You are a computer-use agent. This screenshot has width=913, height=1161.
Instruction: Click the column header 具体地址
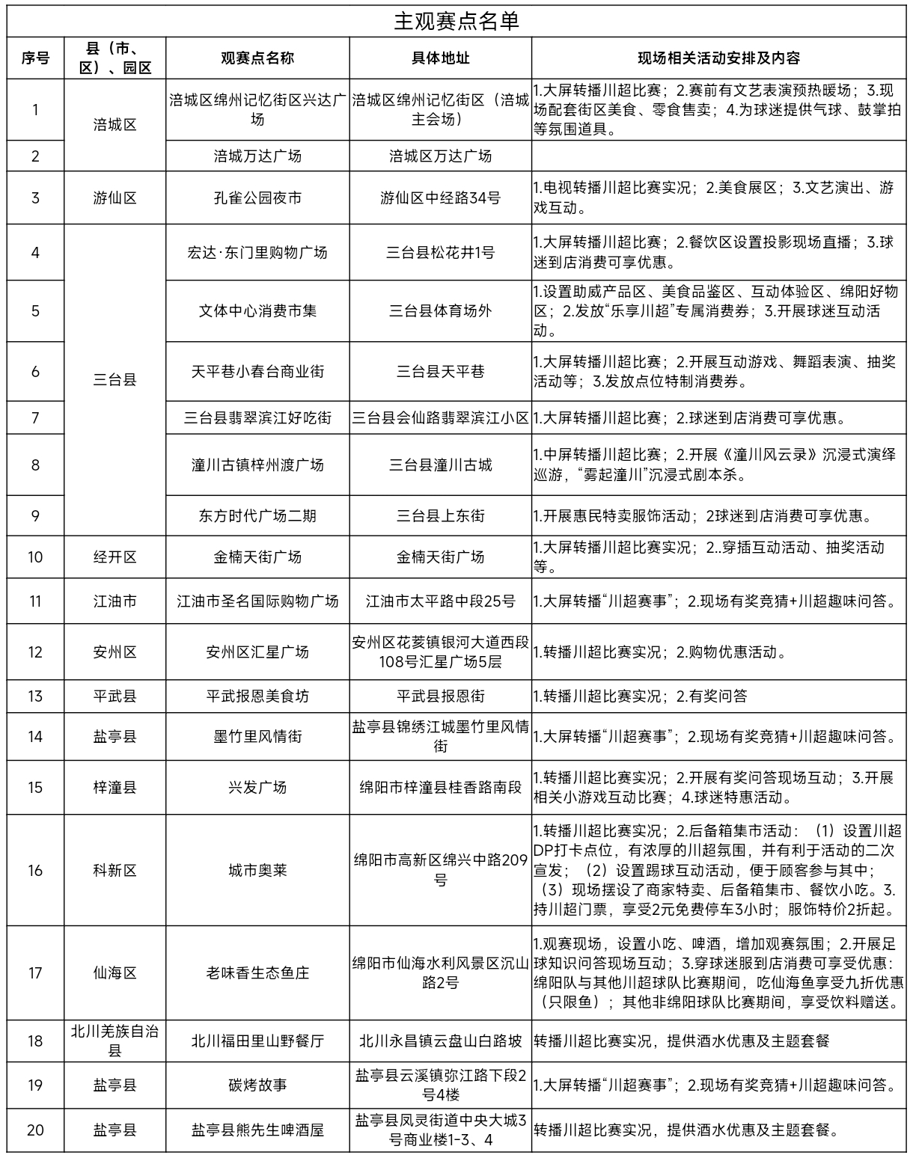click(x=440, y=58)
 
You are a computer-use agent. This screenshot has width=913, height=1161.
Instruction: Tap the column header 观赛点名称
click(x=257, y=58)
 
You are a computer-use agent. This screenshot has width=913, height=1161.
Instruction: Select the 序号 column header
click(x=35, y=58)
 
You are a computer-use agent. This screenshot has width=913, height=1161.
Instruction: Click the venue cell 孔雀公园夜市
click(x=257, y=198)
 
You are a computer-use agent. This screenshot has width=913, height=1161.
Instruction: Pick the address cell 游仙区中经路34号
click(x=440, y=198)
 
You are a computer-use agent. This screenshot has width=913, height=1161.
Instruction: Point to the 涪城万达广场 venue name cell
click(x=257, y=156)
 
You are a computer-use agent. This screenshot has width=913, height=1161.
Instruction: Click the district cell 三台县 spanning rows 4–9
click(x=115, y=380)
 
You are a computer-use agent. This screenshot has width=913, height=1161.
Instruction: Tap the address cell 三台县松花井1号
click(x=440, y=253)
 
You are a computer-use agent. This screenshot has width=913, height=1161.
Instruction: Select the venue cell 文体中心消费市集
click(x=257, y=311)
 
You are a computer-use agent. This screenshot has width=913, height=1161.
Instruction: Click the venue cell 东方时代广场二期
click(x=257, y=515)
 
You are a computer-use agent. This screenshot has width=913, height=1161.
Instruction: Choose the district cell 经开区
click(x=115, y=557)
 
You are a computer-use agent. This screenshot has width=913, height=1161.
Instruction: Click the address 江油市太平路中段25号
click(x=440, y=601)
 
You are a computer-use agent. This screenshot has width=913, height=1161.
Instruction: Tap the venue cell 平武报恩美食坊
click(x=257, y=696)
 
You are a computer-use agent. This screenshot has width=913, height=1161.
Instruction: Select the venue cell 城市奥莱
click(x=257, y=871)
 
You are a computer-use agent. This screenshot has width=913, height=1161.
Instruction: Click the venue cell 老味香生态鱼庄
click(x=257, y=973)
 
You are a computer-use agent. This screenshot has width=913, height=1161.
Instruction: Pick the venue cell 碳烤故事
click(x=257, y=1085)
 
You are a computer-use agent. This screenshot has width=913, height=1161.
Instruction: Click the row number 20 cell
click(x=35, y=1130)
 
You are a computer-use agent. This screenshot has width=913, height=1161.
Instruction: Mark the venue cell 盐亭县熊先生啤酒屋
click(x=257, y=1130)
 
